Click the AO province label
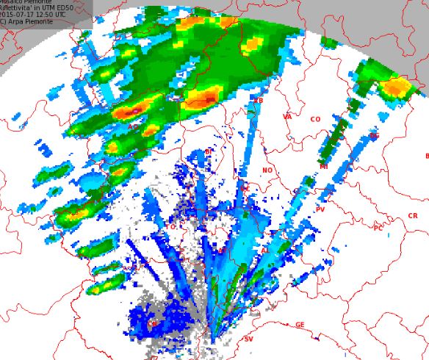point(133,126)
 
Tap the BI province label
point(209,151)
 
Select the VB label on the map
point(258,101)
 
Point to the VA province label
point(287,117)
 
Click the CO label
point(315,119)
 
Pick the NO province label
point(267,170)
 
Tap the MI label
point(323,167)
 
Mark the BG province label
point(374,136)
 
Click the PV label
point(320,209)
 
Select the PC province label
point(378,228)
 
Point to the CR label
point(412,215)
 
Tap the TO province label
point(172,227)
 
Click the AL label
point(264,250)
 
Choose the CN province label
point(153,323)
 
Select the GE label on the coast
point(299,324)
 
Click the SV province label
point(248,339)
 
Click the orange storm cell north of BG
point(397,88)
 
